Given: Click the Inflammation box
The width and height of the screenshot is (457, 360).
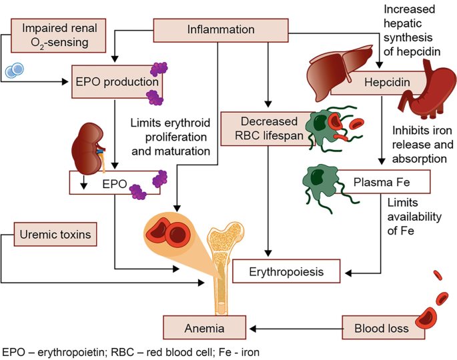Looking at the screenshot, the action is (x=221, y=30).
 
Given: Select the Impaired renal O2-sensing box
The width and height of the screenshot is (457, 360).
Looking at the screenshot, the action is (x=58, y=35).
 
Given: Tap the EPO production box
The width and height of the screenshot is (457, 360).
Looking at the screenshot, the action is (x=117, y=82).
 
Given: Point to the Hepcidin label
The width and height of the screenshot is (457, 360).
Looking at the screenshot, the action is (x=387, y=83).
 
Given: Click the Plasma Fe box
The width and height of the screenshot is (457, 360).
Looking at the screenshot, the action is (x=382, y=182).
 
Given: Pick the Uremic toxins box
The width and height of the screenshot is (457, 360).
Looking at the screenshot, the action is (x=55, y=235).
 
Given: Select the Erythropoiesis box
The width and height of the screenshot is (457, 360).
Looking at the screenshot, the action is (x=286, y=271).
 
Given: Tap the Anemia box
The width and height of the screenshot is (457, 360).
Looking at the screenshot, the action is (x=204, y=328).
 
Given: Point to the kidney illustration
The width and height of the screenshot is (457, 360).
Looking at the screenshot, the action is (x=88, y=149).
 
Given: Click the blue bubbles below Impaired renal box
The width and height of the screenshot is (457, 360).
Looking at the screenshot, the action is (x=15, y=70).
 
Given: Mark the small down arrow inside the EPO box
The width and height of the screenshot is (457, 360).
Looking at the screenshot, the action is (x=84, y=182).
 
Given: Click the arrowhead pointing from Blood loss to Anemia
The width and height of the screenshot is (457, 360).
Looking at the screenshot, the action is (x=252, y=329).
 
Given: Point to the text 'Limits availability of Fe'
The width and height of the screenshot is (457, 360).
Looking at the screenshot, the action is (x=414, y=217).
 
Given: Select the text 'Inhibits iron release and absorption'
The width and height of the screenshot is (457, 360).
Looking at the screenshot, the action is (x=422, y=145).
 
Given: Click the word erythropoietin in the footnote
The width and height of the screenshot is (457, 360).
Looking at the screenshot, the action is (x=71, y=353).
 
